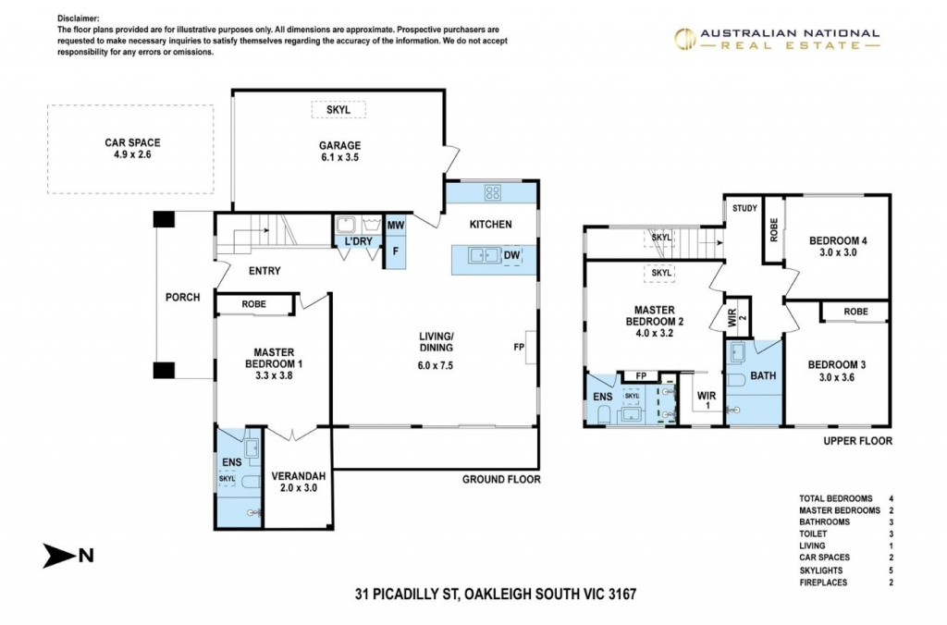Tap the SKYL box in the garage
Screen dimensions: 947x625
click(338, 110)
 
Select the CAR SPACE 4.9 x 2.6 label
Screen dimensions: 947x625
click(132, 149)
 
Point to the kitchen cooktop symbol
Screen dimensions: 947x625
click(493, 192)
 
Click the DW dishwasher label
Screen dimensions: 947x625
click(511, 255)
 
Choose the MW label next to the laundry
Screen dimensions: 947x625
click(396, 226)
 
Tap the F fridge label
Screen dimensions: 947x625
click(396, 251)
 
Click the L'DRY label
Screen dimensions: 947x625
click(358, 241)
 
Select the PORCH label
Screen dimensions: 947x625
click(182, 297)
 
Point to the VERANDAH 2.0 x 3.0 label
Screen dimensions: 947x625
click(299, 482)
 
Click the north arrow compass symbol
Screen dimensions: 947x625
click(68, 556)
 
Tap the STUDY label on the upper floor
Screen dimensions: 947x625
click(744, 208)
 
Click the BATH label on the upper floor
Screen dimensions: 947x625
click(763, 375)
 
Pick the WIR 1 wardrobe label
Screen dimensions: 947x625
click(707, 399)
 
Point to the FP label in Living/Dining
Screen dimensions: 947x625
click(519, 348)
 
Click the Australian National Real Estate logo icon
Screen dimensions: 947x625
click(685, 39)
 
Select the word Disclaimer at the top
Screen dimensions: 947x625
click(79, 18)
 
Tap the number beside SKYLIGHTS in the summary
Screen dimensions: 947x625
click(891, 570)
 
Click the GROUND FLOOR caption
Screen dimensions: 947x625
click(501, 480)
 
